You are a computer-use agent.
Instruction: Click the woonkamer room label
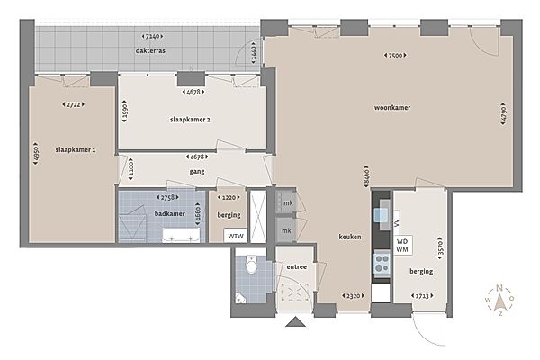[x=392, y=108]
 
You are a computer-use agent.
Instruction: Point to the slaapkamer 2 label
[x=190, y=119]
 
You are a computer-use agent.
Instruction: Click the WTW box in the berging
[x=235, y=236]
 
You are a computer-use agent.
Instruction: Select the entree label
[x=296, y=266]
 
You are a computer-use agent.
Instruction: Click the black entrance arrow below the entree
[x=294, y=323]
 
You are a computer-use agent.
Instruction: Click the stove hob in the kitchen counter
[x=382, y=263]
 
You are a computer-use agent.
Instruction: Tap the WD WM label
[x=404, y=246]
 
